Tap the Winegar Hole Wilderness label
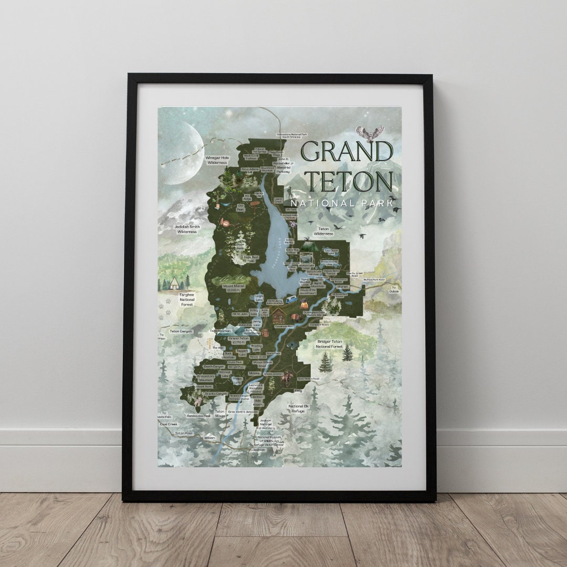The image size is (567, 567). pos(216,160)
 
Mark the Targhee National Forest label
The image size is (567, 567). pos(184,299)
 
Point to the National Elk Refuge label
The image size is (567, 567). pos(298,409)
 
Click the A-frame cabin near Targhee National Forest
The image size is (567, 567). pos(173,283)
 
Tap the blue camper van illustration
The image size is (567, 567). pos(291,301)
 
